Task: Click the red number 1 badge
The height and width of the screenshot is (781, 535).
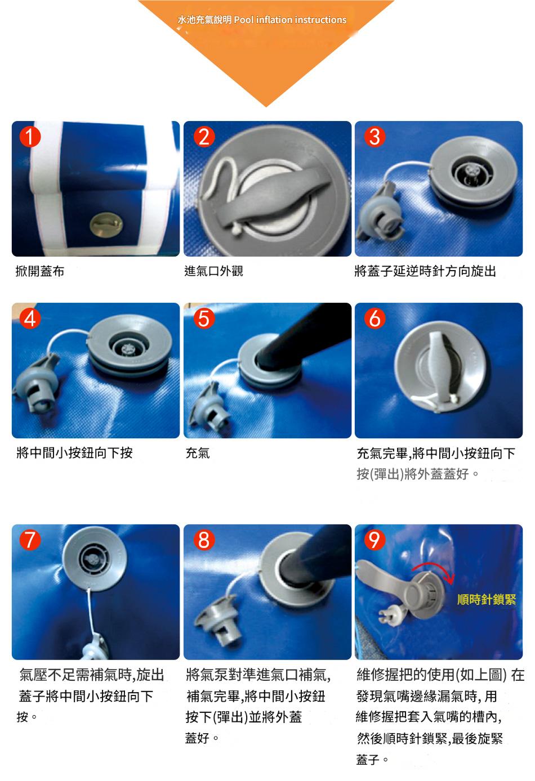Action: click(30, 137)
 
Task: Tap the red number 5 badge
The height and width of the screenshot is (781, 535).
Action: click(204, 318)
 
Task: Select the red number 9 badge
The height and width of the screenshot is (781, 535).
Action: click(374, 540)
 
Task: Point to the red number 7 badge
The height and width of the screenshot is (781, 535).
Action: click(30, 540)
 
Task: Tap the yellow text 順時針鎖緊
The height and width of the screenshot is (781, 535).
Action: click(487, 599)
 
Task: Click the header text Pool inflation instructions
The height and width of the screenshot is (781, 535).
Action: click(291, 20)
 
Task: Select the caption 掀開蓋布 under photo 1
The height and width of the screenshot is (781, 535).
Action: click(40, 271)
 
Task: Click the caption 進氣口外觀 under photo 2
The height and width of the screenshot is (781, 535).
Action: click(213, 271)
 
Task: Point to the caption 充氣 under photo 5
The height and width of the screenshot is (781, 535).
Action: click(198, 453)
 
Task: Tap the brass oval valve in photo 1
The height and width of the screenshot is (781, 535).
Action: click(106, 225)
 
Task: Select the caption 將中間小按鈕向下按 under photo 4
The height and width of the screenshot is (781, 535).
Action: click(74, 453)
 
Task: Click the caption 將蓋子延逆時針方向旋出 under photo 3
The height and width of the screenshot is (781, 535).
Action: click(425, 271)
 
